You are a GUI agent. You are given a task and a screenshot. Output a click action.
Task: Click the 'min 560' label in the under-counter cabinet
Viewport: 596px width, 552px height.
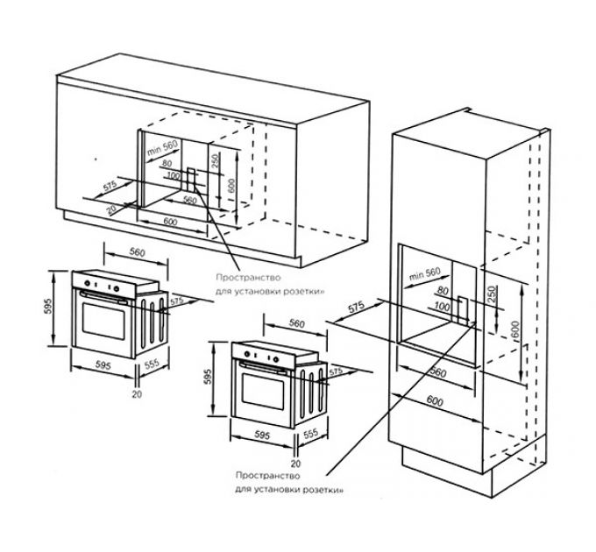click(x=163, y=148)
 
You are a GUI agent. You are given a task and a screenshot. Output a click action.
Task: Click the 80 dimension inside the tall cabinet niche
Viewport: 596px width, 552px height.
click(x=441, y=290)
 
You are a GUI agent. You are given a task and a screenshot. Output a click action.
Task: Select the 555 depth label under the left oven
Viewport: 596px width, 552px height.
click(x=150, y=364)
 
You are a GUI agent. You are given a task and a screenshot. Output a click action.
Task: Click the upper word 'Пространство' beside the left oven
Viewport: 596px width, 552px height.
click(x=242, y=280)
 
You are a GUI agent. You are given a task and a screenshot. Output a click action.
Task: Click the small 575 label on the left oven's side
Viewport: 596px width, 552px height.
click(x=177, y=300)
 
